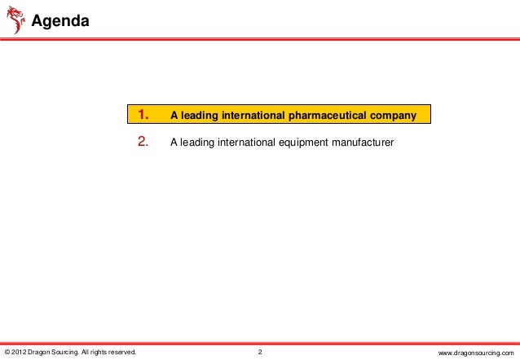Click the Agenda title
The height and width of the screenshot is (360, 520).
pyautogui.click(x=60, y=20)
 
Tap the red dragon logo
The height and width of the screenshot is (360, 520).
pyautogui.click(x=15, y=19)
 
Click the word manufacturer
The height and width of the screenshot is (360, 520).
pyautogui.click(x=359, y=143)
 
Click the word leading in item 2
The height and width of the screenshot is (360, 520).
pyautogui.click(x=193, y=143)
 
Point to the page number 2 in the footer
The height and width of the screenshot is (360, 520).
pyautogui.click(x=259, y=352)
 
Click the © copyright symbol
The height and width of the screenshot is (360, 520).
pyautogui.click(x=7, y=352)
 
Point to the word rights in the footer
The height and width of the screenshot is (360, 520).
pyautogui.click(x=98, y=352)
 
